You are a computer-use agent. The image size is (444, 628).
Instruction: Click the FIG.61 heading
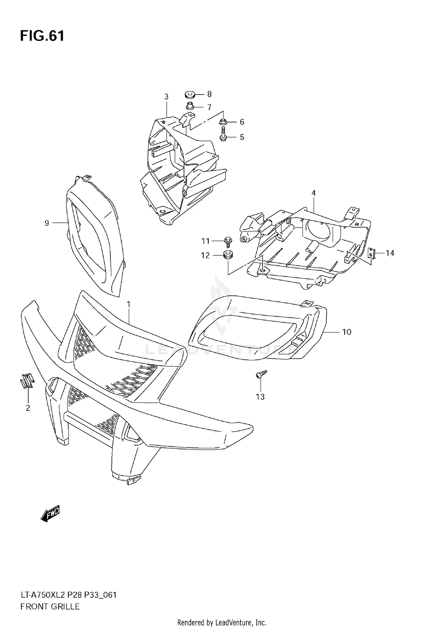pos(42,36)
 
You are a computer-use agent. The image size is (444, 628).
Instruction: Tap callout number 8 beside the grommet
pos(209,94)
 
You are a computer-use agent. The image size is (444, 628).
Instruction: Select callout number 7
pos(209,107)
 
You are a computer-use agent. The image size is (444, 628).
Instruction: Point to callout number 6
pos(242,122)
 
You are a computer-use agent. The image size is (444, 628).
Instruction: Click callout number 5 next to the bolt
pos(242,137)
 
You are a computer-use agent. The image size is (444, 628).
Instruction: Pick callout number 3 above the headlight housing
pos(166,97)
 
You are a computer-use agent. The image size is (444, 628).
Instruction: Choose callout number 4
pos(313,193)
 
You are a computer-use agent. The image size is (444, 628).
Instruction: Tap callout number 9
pos(47,223)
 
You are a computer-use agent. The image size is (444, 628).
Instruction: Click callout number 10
pos(347,332)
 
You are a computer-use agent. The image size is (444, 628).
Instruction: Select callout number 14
pos(390,253)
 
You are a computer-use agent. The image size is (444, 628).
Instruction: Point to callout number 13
pos(260,397)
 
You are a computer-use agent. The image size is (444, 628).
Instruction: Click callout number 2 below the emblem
pos(28,408)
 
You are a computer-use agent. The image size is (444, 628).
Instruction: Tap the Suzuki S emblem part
pos(27,380)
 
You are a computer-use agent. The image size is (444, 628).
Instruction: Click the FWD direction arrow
pos(50,514)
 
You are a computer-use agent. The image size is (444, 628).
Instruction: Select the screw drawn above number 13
pos(261,374)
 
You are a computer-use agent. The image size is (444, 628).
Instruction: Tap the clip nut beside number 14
pos(371,253)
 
